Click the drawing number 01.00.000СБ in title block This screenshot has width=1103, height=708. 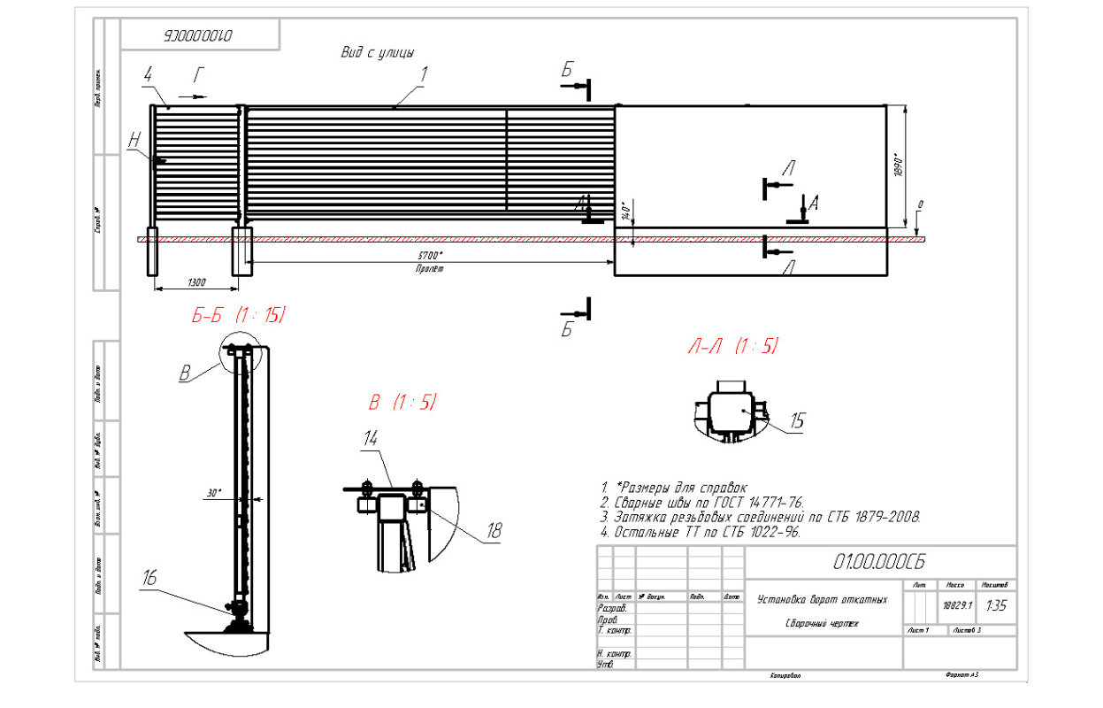[879, 562]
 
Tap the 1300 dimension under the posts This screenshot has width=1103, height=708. [196, 282]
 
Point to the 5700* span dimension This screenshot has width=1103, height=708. [431, 256]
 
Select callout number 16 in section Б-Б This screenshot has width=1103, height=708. [149, 579]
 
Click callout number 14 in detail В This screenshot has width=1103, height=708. [371, 438]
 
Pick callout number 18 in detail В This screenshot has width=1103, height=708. [494, 531]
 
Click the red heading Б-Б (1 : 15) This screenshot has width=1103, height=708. [239, 316]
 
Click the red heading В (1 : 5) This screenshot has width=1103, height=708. [402, 402]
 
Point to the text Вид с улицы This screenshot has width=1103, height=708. [378, 52]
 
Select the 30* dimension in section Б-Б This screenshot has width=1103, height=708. [213, 493]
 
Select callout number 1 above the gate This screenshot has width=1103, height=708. [424, 75]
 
